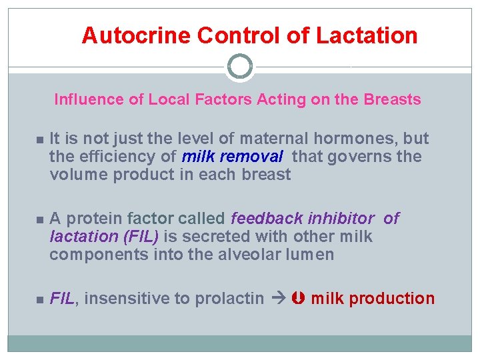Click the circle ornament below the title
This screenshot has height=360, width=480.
click(240, 67)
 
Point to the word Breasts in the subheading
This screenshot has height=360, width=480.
click(392, 100)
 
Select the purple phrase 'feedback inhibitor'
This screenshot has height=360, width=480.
click(303, 219)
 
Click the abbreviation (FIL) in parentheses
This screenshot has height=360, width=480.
click(138, 237)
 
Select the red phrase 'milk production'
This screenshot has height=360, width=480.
click(372, 299)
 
